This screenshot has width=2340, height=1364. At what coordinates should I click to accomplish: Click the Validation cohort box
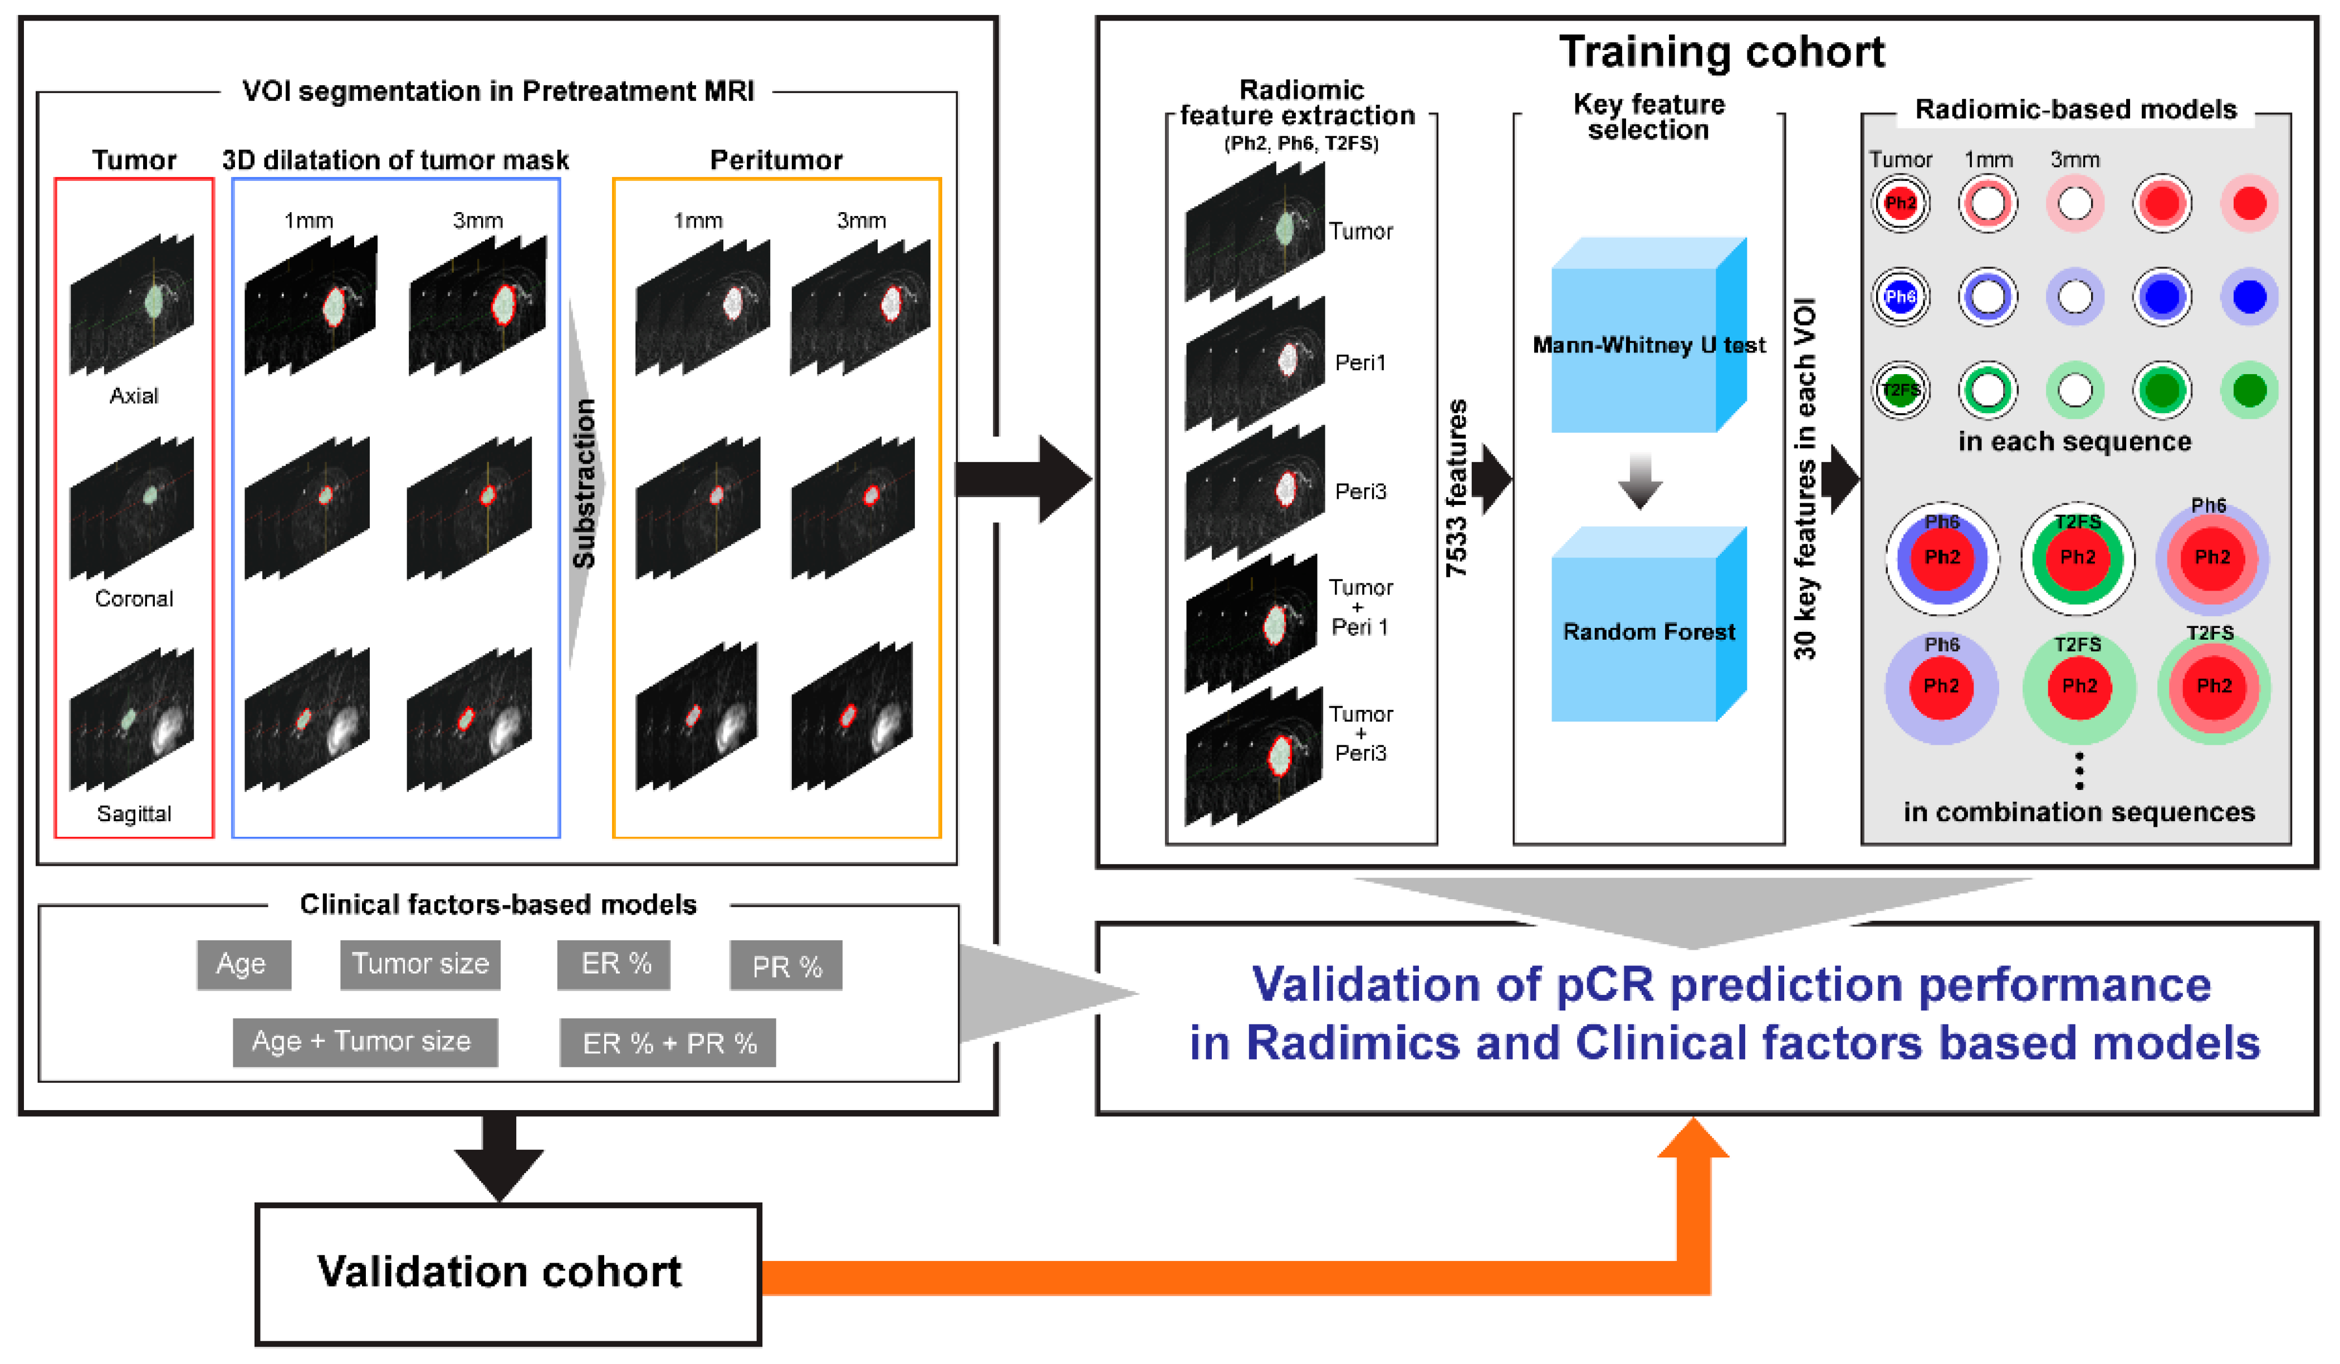click(508, 1273)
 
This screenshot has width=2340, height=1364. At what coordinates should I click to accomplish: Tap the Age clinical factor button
click(243, 965)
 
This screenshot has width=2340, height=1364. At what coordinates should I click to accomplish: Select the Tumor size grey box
click(420, 965)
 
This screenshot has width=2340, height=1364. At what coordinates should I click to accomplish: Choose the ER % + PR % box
click(668, 1043)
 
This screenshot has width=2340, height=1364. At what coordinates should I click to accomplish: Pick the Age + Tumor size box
click(365, 1042)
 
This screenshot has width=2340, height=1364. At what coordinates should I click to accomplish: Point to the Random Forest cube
click(1649, 624)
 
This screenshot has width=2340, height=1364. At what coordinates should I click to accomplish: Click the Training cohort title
click(1722, 51)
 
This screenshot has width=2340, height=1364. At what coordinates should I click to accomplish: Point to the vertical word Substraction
click(584, 484)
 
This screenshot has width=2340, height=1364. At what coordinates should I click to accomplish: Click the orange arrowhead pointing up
click(1693, 1137)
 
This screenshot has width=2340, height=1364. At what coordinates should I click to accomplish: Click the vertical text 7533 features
click(1457, 488)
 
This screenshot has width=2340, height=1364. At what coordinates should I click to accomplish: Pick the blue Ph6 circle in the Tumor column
click(1901, 297)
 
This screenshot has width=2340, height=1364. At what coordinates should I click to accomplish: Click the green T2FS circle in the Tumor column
click(1901, 390)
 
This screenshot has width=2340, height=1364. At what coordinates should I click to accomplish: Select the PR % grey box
click(786, 966)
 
